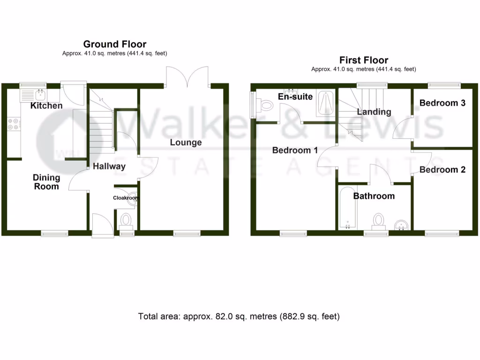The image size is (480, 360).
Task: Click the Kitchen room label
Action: point(46,105)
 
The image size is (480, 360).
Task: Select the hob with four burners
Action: point(14,124)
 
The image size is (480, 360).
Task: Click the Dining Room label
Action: point(46,182)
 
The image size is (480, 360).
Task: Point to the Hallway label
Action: point(109,166)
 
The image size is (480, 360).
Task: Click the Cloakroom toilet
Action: point(126,219)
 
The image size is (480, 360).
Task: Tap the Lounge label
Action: point(186,142)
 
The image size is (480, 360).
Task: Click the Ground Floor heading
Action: point(115,44)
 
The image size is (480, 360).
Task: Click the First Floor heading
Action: point(364,60)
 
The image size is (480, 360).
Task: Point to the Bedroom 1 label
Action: point(295,150)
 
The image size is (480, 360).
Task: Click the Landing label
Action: point(374,112)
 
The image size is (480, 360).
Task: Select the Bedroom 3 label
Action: point(442,103)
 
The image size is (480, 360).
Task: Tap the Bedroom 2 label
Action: point(442,170)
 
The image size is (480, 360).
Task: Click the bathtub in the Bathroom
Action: point(347,208)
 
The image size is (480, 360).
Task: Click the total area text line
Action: point(239,316)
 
